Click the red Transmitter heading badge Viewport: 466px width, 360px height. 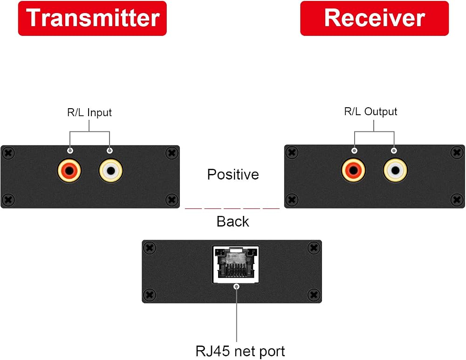click(92, 19)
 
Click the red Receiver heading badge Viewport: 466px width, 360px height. click(375, 19)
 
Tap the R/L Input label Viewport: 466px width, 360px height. click(89, 112)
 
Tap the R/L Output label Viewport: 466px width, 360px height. click(370, 111)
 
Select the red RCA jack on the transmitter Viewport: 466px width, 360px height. click(69, 171)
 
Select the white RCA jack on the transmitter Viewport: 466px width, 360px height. click(110, 171)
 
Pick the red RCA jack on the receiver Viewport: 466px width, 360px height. click(353, 170)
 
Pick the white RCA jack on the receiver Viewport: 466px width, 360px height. click(395, 170)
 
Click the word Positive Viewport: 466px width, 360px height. click(233, 174)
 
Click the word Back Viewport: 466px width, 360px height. click(233, 222)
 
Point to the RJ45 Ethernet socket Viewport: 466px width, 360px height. click(236, 264)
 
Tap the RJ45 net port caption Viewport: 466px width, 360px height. click(240, 351)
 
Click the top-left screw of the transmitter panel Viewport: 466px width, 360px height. click(8, 153)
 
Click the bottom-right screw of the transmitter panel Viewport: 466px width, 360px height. click(172, 199)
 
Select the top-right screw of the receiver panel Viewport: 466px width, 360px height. click(457, 152)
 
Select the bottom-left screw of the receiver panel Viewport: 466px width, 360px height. click(292, 199)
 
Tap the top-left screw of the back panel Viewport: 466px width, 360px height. click(150, 248)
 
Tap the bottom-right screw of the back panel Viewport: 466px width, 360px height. click(314, 295)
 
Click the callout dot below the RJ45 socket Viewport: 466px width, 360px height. click(237, 286)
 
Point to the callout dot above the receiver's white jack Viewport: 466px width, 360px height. click(394, 151)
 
